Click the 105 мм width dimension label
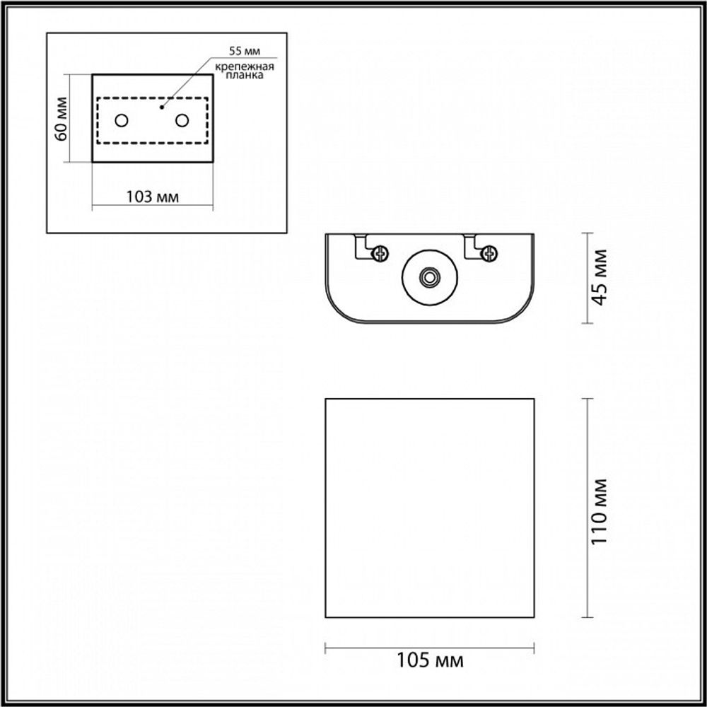pos(429,661)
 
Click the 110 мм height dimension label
pos(600,509)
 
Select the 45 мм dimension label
pos(600,277)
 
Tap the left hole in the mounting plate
pos(122,121)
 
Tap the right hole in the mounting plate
pos(182,121)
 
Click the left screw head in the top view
pos(382,252)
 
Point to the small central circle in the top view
pos(428,277)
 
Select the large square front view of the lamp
pos(429,508)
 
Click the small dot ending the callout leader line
pos(162,107)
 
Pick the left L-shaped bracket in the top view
pos(362,246)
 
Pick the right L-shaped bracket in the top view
pos(470,246)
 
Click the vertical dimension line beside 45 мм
pos(588,277)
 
